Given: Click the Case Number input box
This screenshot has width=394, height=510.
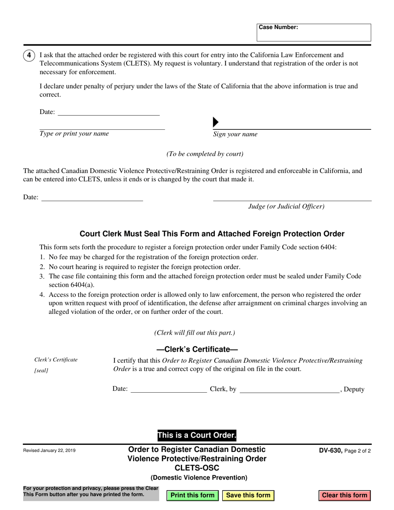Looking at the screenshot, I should [x=314, y=35].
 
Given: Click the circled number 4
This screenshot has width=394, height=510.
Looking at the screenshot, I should [x=29, y=56].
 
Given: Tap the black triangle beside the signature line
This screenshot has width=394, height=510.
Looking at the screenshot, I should [x=215, y=122].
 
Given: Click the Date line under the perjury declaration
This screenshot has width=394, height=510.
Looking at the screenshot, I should [x=108, y=112].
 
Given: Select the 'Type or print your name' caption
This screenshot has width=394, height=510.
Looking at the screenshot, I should [x=74, y=134].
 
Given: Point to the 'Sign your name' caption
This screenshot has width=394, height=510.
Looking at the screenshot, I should [x=235, y=134].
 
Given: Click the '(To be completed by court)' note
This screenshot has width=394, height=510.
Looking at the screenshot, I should [x=205, y=154].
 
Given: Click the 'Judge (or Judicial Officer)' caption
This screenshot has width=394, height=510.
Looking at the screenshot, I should [x=286, y=206].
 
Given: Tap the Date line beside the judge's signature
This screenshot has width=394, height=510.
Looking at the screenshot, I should [x=92, y=198].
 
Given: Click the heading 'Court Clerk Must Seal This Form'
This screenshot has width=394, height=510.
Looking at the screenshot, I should [x=212, y=234].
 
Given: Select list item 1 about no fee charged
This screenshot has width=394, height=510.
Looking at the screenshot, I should [x=153, y=257].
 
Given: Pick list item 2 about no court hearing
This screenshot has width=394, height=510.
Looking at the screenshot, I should [x=144, y=267].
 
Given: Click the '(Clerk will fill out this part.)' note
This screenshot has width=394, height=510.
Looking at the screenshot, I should [x=195, y=333].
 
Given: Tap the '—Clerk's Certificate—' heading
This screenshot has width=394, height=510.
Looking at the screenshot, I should [x=197, y=349].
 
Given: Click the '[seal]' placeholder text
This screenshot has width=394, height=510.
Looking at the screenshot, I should [x=41, y=371].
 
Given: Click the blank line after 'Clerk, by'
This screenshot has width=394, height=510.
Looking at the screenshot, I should [x=289, y=389].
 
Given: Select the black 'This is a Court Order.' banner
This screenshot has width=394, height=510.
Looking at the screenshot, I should [x=197, y=435].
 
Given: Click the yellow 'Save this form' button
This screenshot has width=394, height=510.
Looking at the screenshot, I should [x=248, y=495].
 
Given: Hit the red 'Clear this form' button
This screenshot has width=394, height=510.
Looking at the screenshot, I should [x=345, y=495].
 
